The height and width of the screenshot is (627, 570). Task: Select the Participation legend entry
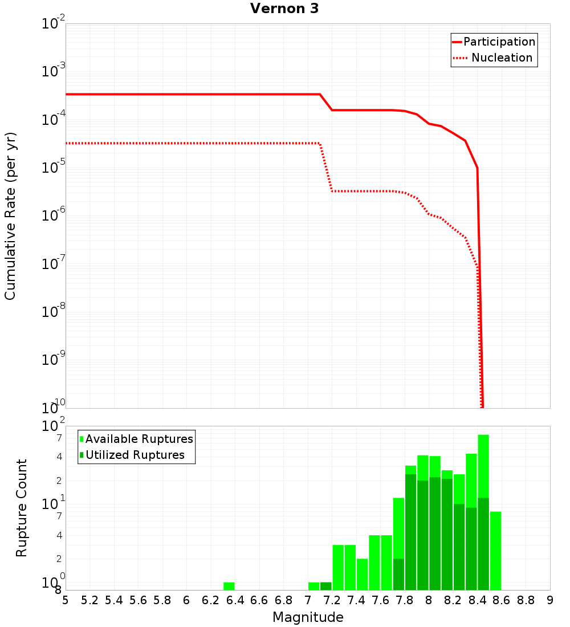coord(499,42)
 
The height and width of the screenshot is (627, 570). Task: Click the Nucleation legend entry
coord(502,58)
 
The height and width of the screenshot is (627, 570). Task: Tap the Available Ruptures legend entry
coord(139,439)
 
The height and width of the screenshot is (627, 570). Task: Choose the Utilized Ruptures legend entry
coord(135,455)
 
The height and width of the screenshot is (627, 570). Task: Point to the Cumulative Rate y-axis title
coord(11,215)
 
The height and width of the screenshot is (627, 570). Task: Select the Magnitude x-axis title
coord(308,617)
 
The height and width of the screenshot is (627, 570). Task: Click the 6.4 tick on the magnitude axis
coord(235,600)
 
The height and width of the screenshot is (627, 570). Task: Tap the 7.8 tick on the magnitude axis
coord(405,600)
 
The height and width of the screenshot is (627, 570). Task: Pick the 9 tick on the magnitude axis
coord(550,600)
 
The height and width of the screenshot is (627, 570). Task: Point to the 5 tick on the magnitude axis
coord(66,600)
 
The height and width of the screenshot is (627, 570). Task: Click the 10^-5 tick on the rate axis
coord(54,168)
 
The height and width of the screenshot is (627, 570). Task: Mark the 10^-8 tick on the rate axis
coord(54,312)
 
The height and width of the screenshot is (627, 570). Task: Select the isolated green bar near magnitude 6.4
coord(229,586)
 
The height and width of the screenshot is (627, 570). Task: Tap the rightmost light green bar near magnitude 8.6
coord(495,551)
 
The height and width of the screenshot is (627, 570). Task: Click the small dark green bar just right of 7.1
coord(326,586)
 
